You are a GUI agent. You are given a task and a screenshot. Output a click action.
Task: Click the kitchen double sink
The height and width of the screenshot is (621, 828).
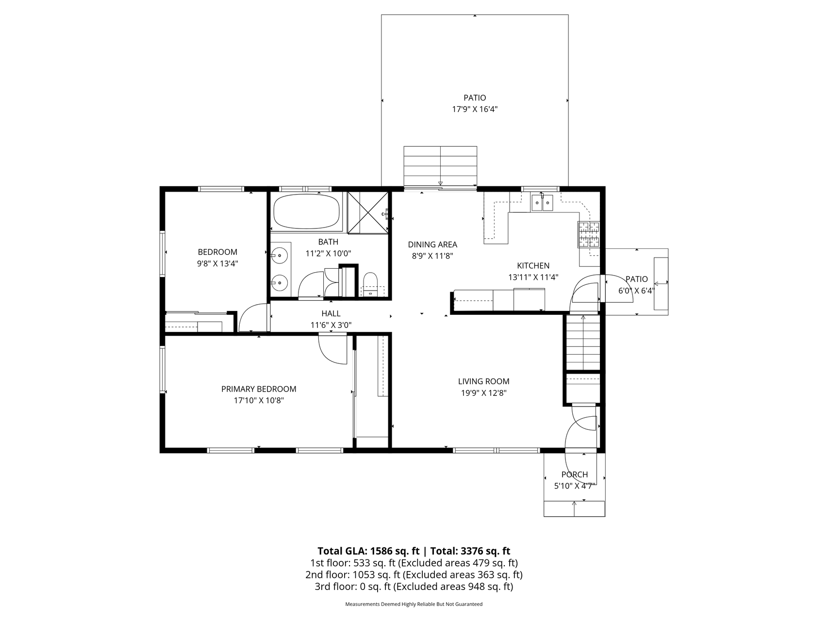tap(542, 202)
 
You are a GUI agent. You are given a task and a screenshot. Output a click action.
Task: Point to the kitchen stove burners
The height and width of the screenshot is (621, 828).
tap(588, 234)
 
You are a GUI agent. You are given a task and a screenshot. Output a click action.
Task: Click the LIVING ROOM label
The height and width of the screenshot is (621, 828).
tap(484, 381)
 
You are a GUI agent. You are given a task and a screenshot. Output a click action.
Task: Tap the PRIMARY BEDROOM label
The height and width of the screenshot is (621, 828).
tap(259, 389)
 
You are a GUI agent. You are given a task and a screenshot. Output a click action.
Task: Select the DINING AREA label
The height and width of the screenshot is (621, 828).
tap(432, 245)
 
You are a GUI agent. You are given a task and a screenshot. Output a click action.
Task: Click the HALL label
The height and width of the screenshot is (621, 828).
tap(331, 314)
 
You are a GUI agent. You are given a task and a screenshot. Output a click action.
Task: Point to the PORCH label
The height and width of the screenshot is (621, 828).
tap(575, 474)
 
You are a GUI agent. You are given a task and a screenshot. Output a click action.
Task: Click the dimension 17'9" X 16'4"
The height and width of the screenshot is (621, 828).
tap(475, 110)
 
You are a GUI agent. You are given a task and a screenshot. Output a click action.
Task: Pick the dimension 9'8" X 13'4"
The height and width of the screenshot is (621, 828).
tap(217, 264)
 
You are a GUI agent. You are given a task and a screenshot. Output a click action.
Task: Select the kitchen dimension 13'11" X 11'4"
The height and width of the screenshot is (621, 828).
tap(533, 278)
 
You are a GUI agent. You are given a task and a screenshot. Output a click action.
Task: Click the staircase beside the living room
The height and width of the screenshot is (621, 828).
tap(583, 342)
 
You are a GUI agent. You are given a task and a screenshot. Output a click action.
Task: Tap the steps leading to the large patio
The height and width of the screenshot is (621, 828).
tap(440, 166)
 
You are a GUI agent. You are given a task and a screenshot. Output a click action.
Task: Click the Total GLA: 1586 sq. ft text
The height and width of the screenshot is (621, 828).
tap(368, 551)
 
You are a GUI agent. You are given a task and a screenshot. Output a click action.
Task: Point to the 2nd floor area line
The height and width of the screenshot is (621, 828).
tap(414, 575)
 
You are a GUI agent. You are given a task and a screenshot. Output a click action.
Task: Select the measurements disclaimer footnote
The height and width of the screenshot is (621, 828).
tap(414, 605)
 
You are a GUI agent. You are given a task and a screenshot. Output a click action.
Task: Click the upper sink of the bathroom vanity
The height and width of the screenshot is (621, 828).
tap(280, 255)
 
